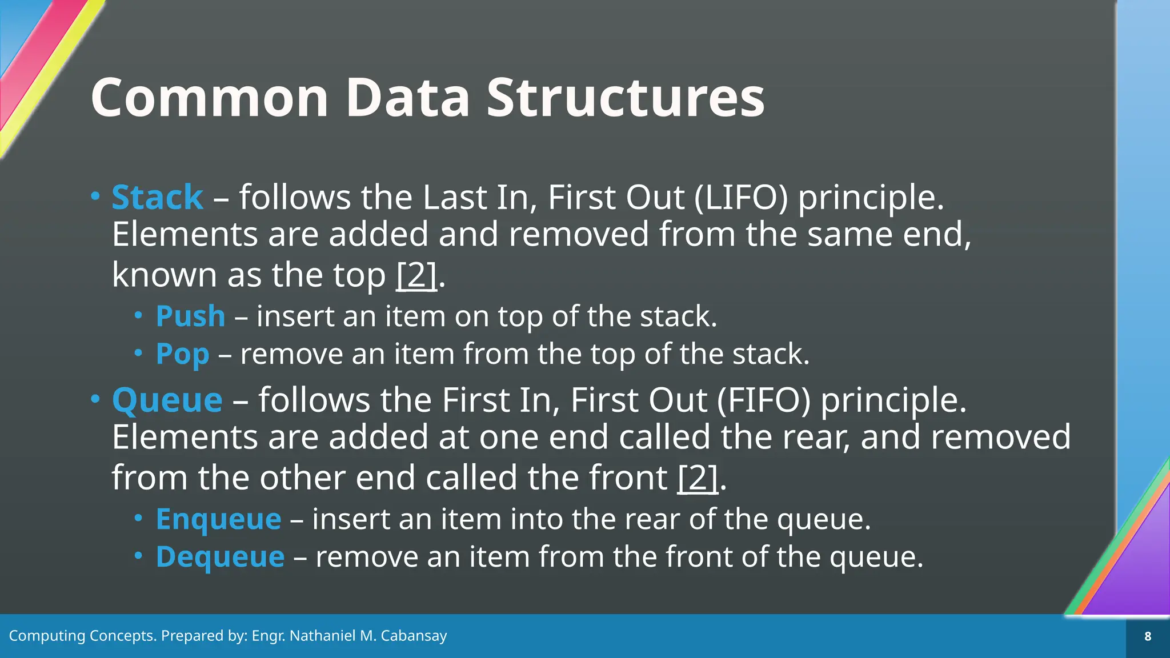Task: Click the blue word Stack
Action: coord(157,198)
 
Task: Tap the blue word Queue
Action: coord(167,400)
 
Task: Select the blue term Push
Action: coord(190,316)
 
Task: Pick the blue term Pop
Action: coord(182,354)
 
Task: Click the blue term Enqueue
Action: coord(218,519)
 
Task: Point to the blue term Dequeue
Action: coord(220,557)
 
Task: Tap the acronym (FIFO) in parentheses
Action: coord(764,400)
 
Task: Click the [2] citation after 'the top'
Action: coord(416,275)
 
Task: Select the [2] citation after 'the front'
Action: coord(697,478)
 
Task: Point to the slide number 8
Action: coord(1148,636)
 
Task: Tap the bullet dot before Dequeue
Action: coord(138,555)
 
